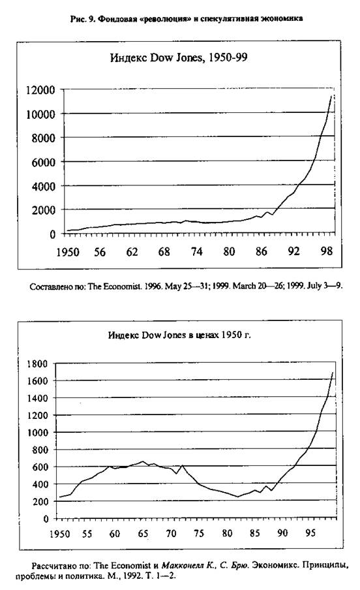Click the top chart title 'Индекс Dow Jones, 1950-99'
(x=179, y=58)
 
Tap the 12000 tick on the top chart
(x=40, y=90)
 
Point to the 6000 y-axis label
(x=43, y=162)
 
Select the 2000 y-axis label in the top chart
(x=43, y=210)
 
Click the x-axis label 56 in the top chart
(x=100, y=252)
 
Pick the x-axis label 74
(x=197, y=251)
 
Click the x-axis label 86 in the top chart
(x=262, y=251)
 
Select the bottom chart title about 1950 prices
(x=179, y=335)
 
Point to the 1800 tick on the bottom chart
(x=37, y=364)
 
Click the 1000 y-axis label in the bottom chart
(x=38, y=433)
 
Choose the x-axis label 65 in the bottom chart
(x=143, y=534)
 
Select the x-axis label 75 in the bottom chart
(x=199, y=533)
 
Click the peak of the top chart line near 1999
(x=331, y=96)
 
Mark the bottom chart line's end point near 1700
(x=333, y=373)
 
